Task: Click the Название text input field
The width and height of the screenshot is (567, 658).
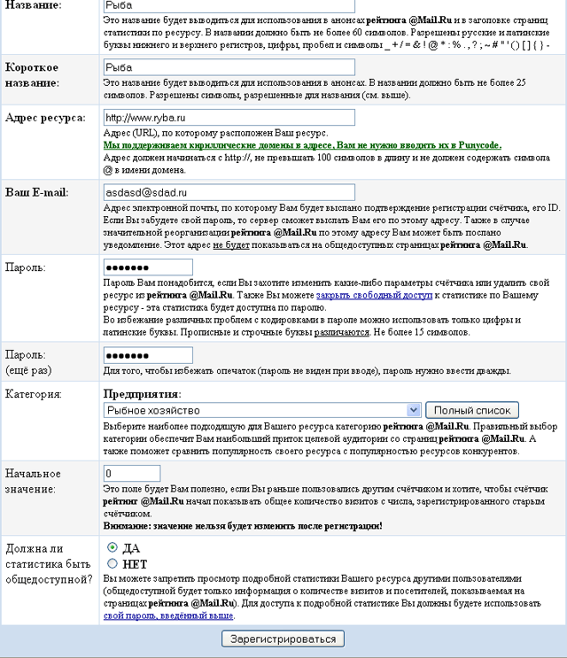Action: pos(229,6)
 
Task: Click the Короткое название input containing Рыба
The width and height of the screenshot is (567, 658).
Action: pos(229,66)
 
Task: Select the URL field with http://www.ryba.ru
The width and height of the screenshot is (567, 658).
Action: pos(229,117)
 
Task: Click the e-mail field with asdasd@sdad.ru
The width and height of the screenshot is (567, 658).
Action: pos(229,192)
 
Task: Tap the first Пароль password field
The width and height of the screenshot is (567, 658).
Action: pos(148,267)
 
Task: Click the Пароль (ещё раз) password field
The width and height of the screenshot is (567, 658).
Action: pos(148,355)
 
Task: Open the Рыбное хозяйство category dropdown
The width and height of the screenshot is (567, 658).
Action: pos(261,410)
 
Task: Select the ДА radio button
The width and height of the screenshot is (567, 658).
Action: pos(112,547)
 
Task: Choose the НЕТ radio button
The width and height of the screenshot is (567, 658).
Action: pos(112,563)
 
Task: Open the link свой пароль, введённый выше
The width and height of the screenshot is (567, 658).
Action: pos(168,615)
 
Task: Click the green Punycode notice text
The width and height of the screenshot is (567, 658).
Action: pos(301,143)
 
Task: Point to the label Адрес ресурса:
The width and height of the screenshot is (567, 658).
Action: pos(45,117)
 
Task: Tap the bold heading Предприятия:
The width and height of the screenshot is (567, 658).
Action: pos(142,393)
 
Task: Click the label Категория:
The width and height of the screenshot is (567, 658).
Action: pos(34,393)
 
